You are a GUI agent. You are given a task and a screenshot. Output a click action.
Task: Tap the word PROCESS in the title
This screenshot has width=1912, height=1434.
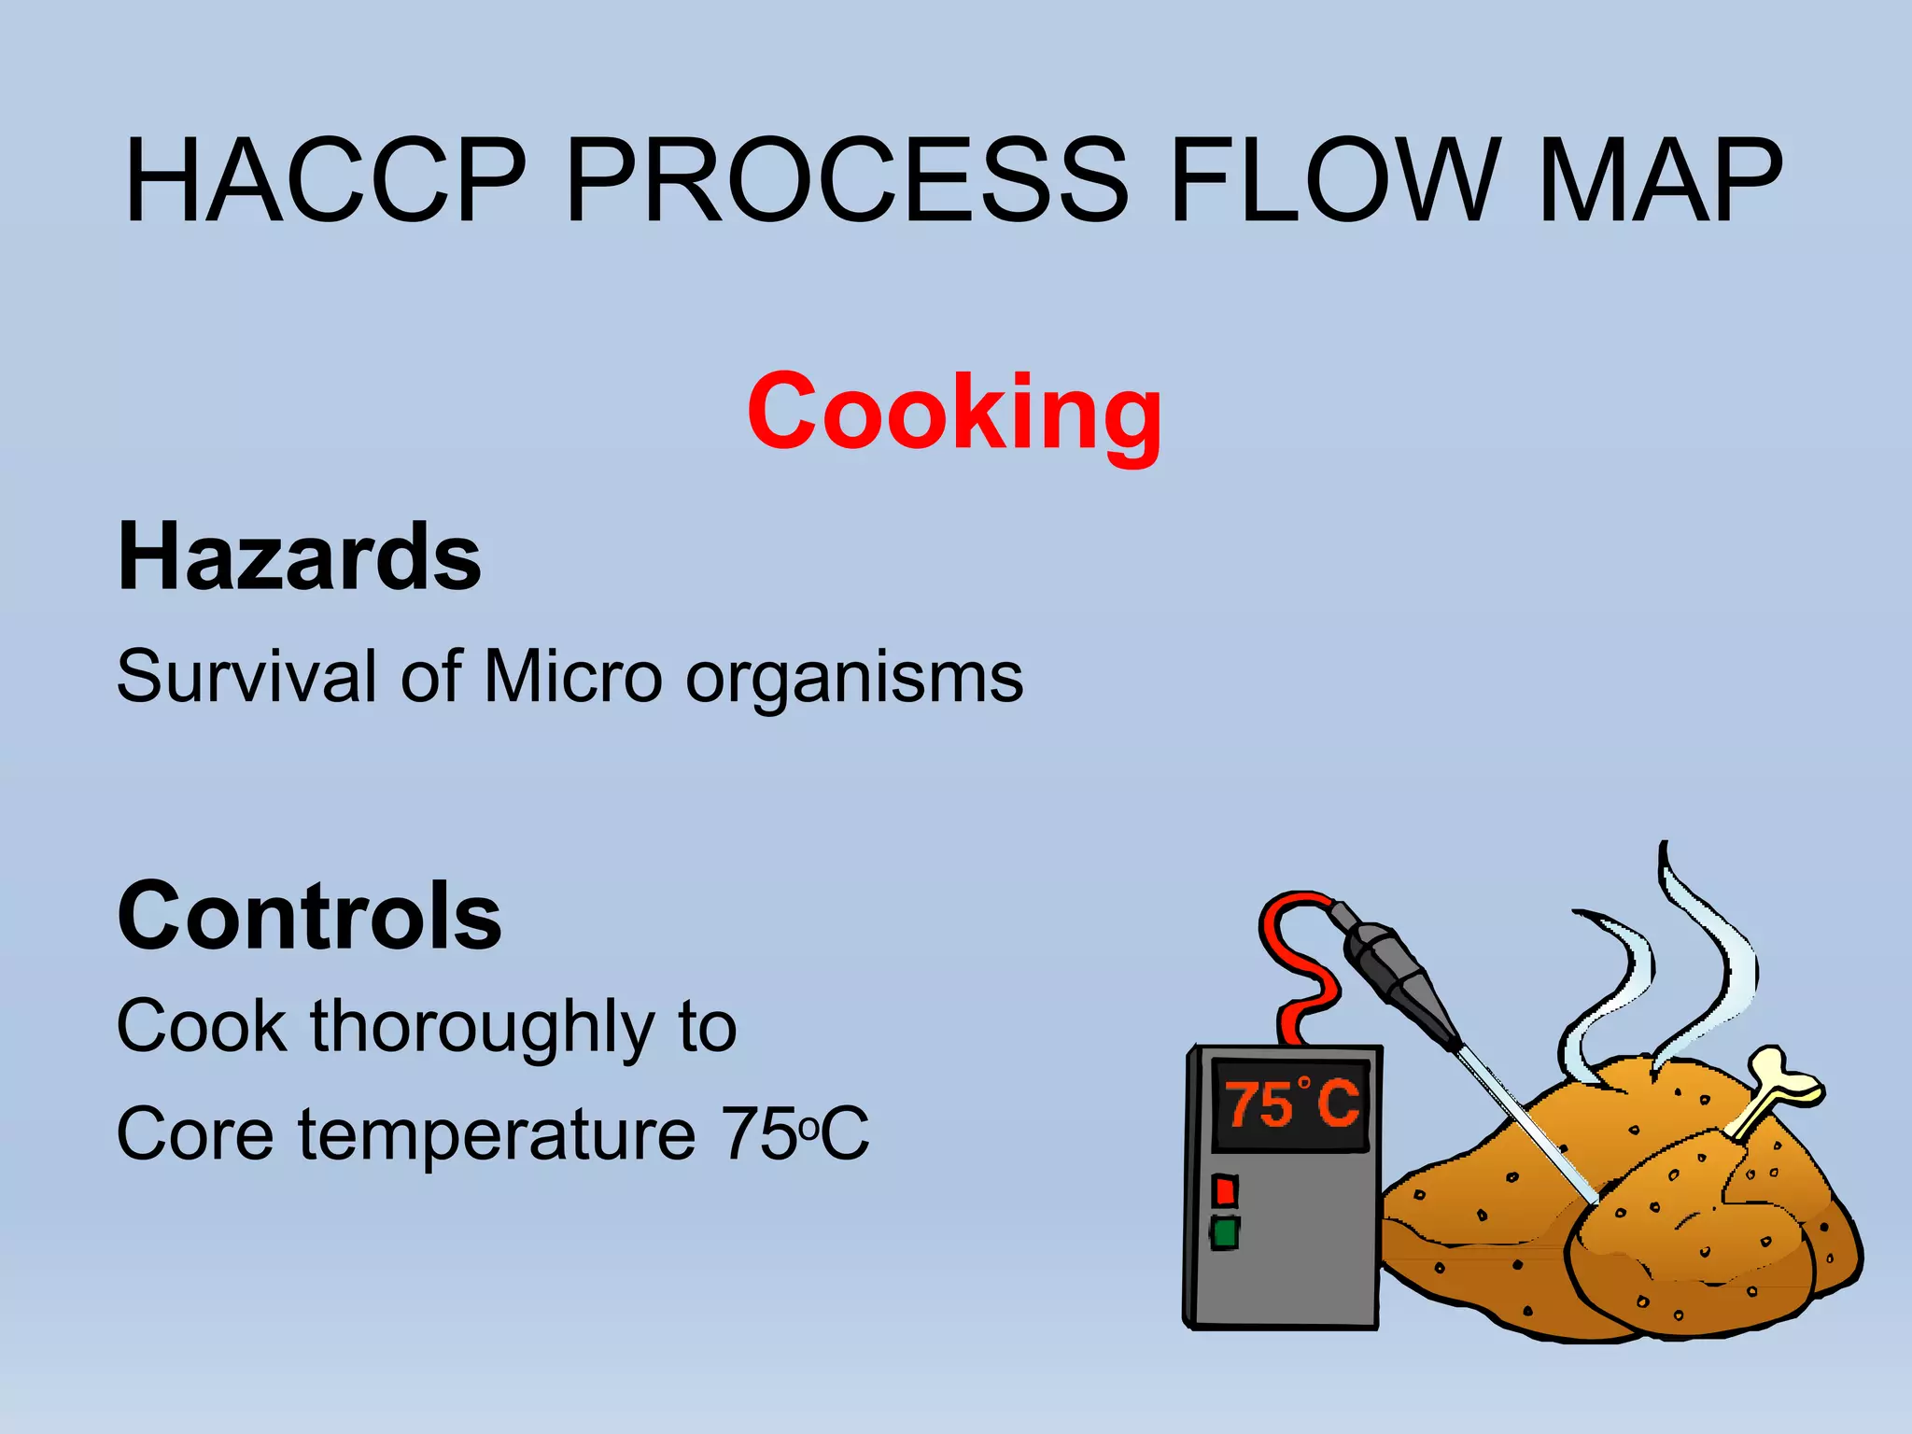pos(848,182)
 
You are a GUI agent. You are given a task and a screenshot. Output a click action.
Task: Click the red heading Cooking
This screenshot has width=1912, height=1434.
pos(954,412)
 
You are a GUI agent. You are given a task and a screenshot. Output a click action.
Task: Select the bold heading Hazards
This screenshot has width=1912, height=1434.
pos(300,557)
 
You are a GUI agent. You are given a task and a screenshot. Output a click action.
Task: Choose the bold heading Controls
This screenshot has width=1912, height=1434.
pos(309,916)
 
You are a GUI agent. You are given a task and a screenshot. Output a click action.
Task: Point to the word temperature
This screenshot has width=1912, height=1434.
pos(497,1135)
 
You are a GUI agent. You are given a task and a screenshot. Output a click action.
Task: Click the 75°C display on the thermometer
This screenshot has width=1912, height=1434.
pos(1291,1104)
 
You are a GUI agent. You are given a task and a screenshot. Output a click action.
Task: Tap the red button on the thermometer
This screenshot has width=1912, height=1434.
pos(1225,1191)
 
